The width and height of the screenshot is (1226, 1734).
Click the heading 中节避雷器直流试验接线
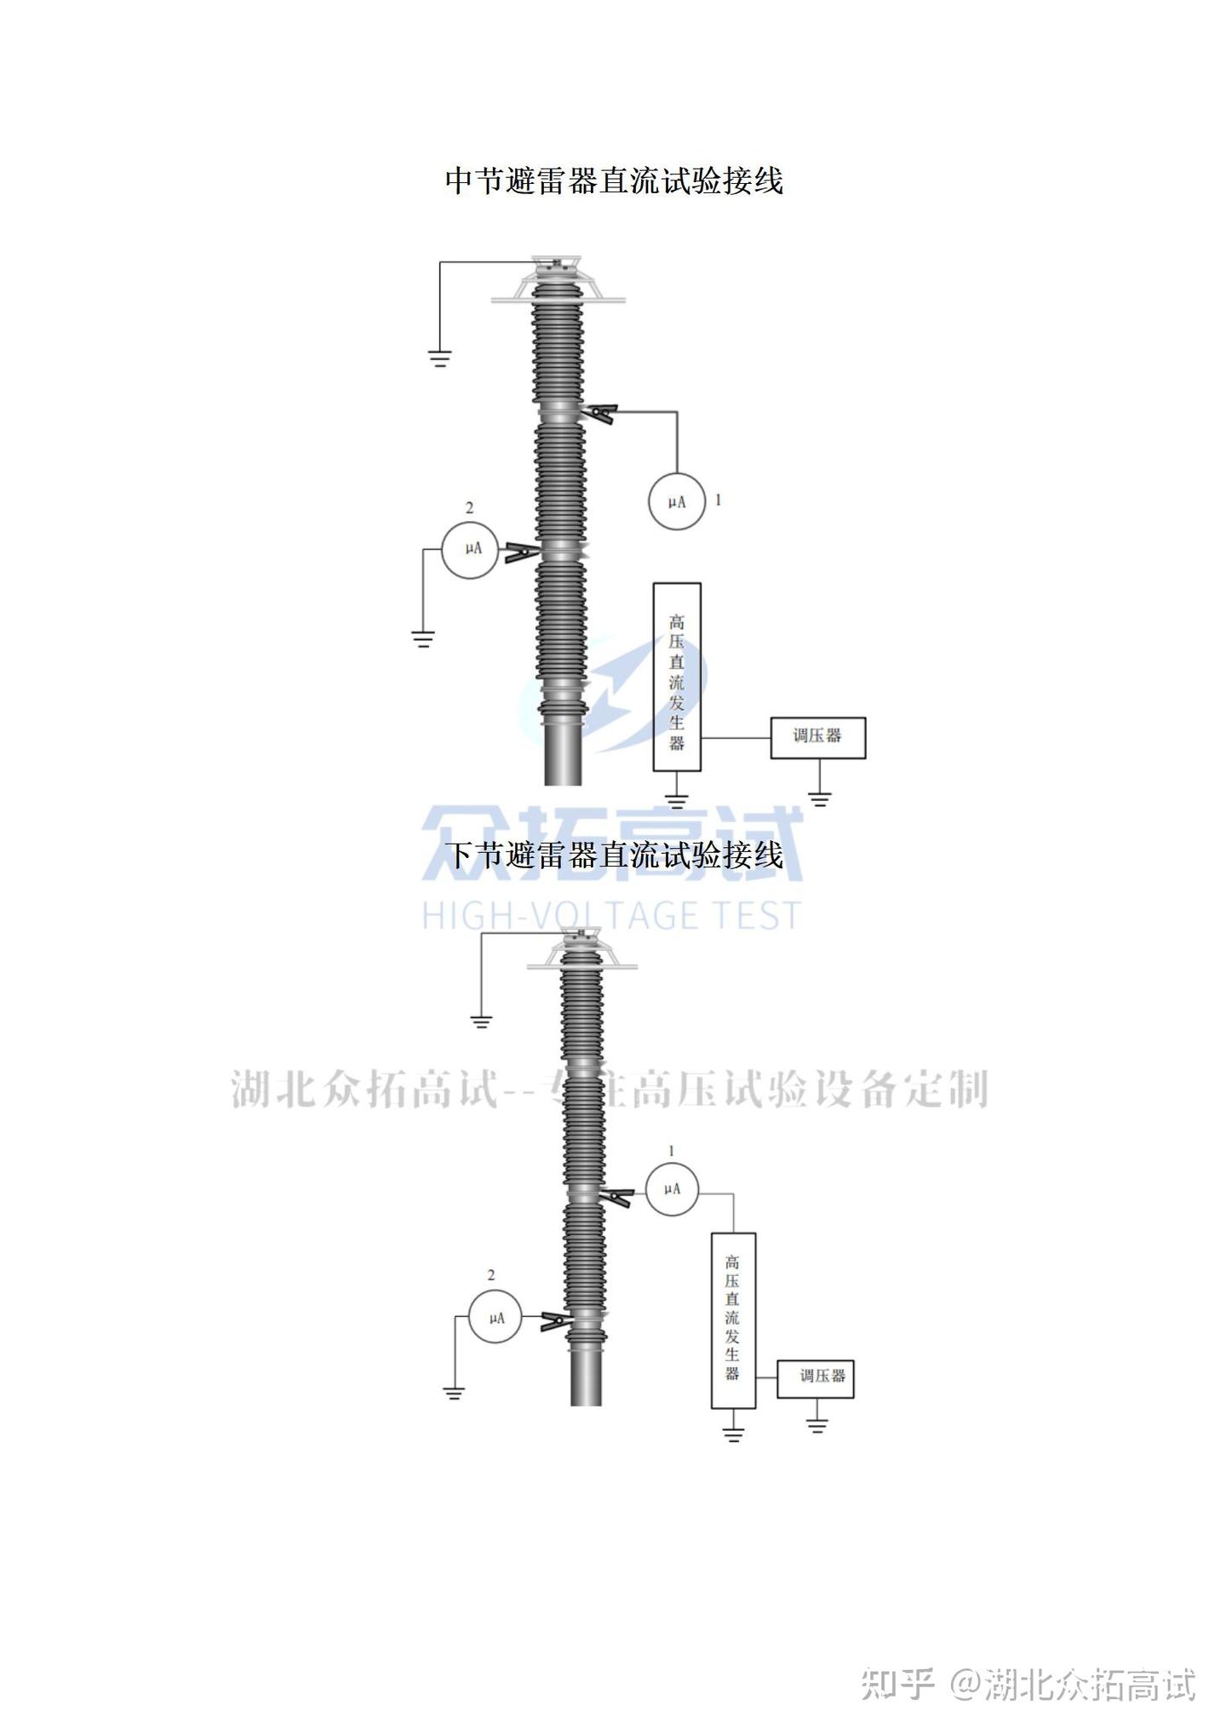pyautogui.click(x=614, y=180)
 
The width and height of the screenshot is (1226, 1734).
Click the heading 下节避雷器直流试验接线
pyautogui.click(x=614, y=855)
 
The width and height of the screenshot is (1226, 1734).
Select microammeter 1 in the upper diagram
pyautogui.click(x=677, y=501)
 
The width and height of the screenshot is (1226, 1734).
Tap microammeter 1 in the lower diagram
pyautogui.click(x=672, y=1188)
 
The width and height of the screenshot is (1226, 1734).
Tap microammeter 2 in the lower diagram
pyautogui.click(x=496, y=1318)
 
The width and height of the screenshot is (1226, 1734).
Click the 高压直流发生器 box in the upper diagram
pyautogui.click(x=677, y=677)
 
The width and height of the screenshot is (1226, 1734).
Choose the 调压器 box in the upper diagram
pyautogui.click(x=817, y=737)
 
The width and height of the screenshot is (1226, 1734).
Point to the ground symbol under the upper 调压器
pyautogui.click(x=820, y=798)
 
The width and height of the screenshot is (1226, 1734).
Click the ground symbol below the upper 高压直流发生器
pyautogui.click(x=677, y=800)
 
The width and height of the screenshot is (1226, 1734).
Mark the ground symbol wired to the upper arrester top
pyautogui.click(x=439, y=358)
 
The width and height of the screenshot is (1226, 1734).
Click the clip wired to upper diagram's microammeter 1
pyautogui.click(x=600, y=414)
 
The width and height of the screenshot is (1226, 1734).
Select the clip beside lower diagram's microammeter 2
pyautogui.click(x=557, y=1322)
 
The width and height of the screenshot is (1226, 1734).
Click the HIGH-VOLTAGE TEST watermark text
pyautogui.click(x=611, y=915)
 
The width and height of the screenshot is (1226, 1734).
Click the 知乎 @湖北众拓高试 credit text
pyautogui.click(x=1028, y=1685)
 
